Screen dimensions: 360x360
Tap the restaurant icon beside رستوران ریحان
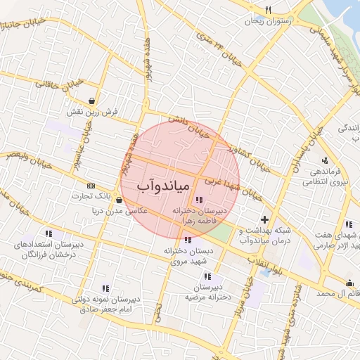click(268, 10)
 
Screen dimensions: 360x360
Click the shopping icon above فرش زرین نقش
click(93, 100)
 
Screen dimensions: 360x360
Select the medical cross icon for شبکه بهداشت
click(264, 220)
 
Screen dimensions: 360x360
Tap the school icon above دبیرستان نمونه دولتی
click(105, 288)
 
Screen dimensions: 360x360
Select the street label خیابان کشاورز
click(249, 158)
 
